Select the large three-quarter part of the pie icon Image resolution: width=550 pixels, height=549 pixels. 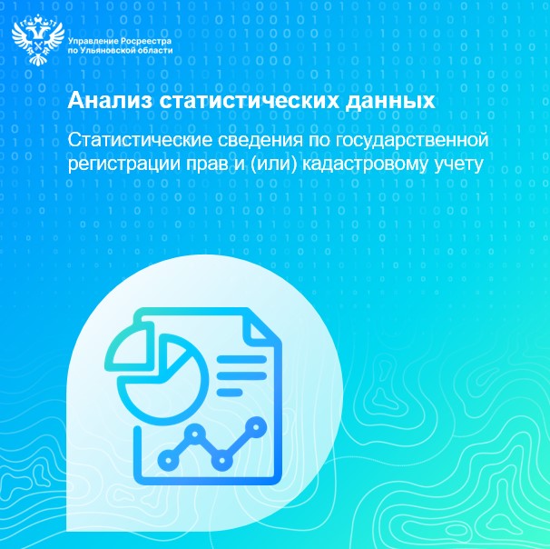(155, 377)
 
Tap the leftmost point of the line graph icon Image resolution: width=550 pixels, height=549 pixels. (166, 461)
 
